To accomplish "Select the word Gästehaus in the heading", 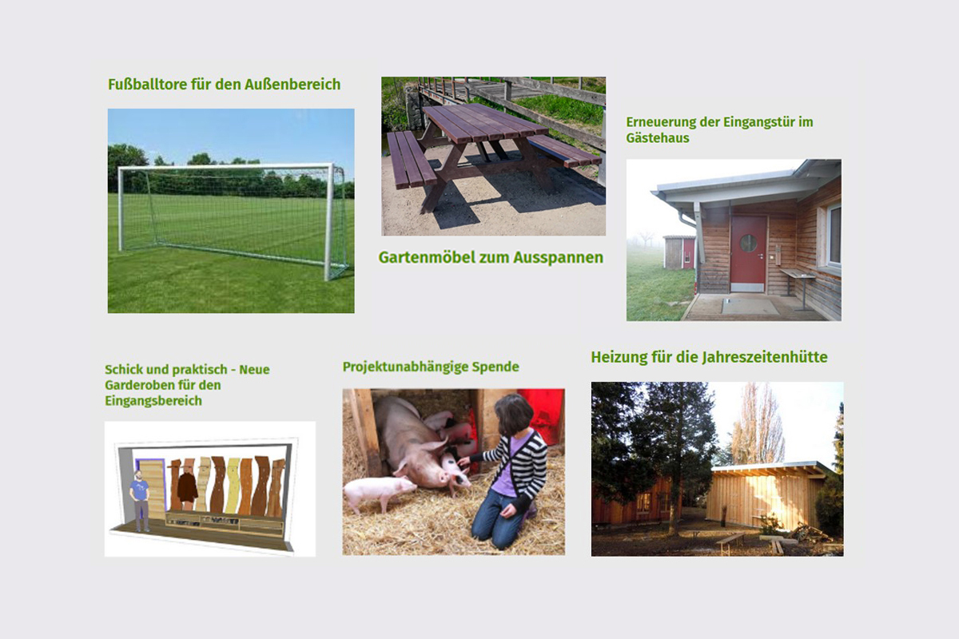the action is tap(658, 138).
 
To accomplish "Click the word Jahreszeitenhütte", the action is tap(765, 357).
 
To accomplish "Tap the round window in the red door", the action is tap(748, 243).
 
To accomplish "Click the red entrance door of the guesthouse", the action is tap(748, 254).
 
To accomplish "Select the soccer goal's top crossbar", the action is tap(225, 167).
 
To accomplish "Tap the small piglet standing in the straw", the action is tap(379, 491).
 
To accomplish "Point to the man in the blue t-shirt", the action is tap(140, 501).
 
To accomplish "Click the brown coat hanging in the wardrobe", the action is tap(188, 487).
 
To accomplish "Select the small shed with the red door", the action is tap(679, 252).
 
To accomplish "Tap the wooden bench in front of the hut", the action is tap(730, 542).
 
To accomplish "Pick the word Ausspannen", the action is tap(559, 257).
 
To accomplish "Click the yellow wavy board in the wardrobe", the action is tap(233, 485).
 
